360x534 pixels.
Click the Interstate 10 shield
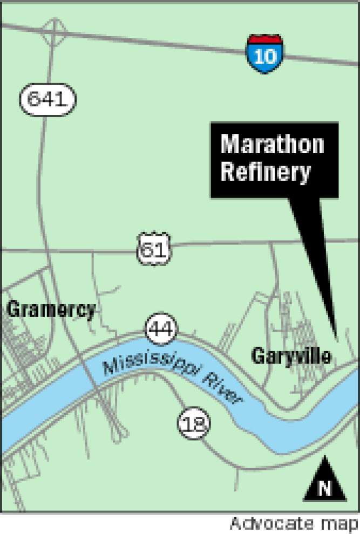(x=266, y=54)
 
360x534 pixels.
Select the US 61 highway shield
(x=153, y=249)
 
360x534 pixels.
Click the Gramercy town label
(x=51, y=310)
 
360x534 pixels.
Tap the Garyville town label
(x=291, y=355)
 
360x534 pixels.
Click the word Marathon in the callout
(x=273, y=145)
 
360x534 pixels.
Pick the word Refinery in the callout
(x=266, y=173)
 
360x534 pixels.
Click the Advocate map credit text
(x=293, y=523)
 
